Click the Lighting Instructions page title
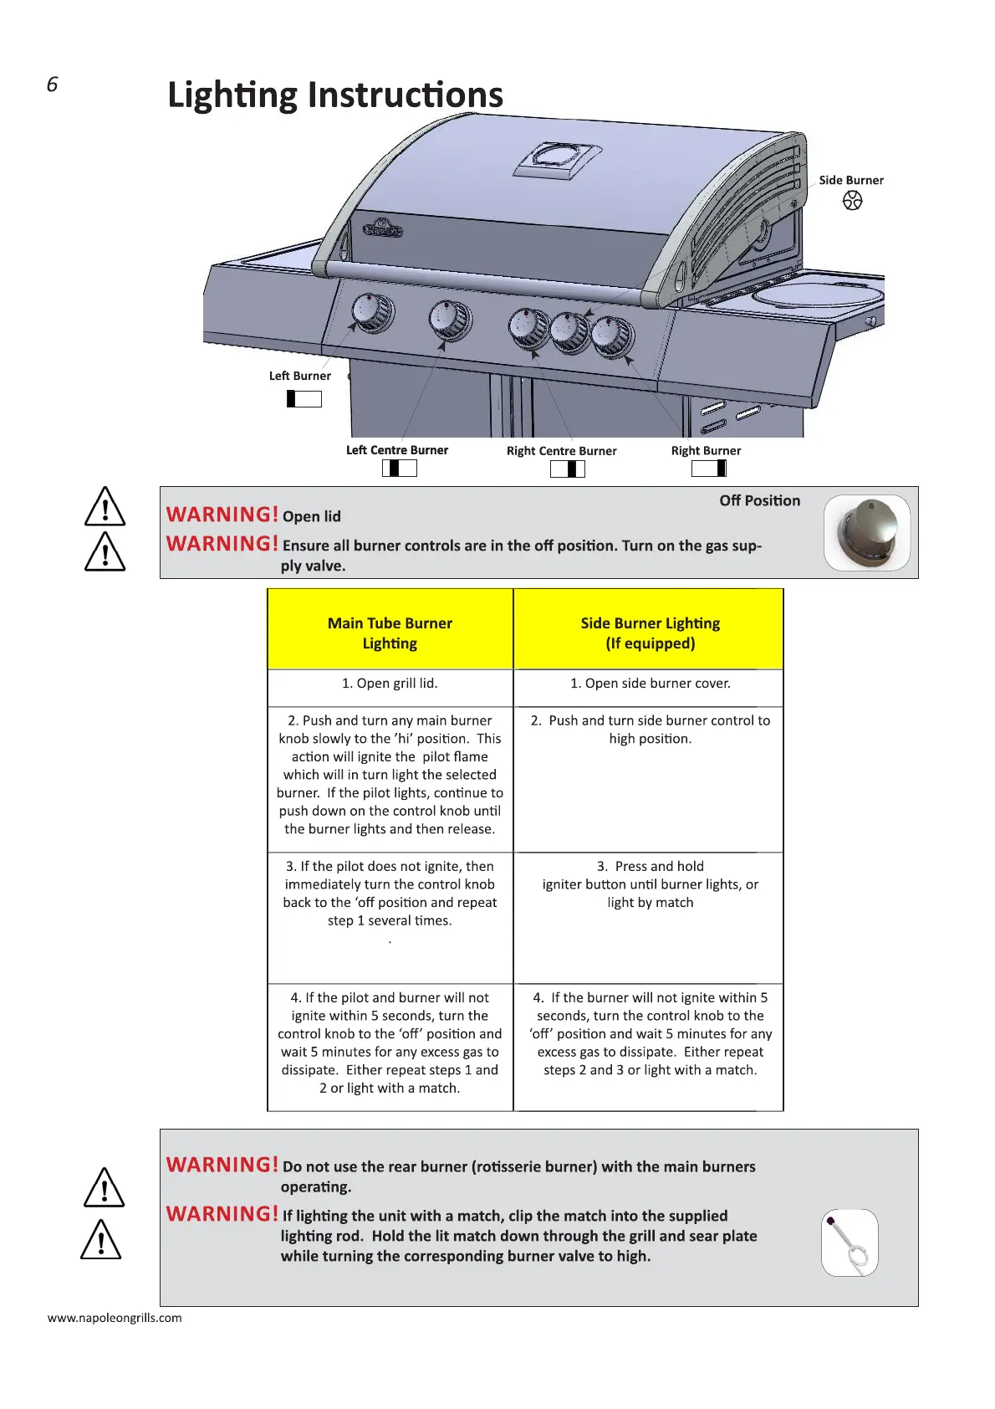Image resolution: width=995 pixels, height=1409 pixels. click(x=335, y=95)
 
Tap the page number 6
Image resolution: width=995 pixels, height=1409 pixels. click(x=53, y=85)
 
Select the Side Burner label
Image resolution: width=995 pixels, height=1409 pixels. click(x=850, y=180)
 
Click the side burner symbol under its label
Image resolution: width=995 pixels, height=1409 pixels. click(x=852, y=201)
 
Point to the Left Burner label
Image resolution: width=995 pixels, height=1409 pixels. click(x=299, y=376)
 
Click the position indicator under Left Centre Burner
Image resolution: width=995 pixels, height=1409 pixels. click(x=400, y=469)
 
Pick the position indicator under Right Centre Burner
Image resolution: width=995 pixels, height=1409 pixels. click(x=568, y=469)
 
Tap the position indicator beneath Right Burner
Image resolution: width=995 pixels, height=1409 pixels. click(x=709, y=469)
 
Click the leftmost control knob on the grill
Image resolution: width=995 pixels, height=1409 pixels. click(x=371, y=313)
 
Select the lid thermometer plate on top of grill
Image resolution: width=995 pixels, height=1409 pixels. click(x=557, y=159)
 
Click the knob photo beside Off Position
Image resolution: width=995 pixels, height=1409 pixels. click(x=866, y=533)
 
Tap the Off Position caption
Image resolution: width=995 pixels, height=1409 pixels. click(x=759, y=500)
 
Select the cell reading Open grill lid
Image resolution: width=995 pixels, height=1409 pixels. click(x=390, y=684)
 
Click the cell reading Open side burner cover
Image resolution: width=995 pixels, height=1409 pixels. click(x=650, y=684)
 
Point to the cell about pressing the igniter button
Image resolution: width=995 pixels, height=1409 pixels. click(x=650, y=884)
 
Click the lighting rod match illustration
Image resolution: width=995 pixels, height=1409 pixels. click(x=850, y=1242)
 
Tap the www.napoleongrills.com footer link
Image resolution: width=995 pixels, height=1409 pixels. click(x=115, y=1318)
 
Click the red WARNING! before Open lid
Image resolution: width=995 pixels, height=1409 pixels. click(x=222, y=515)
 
